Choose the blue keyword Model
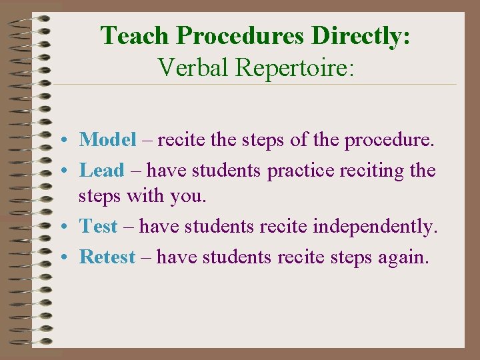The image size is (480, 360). [107, 139]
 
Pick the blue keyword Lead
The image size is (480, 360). [101, 170]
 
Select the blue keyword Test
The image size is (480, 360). [99, 227]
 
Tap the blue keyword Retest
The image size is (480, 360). [107, 257]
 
